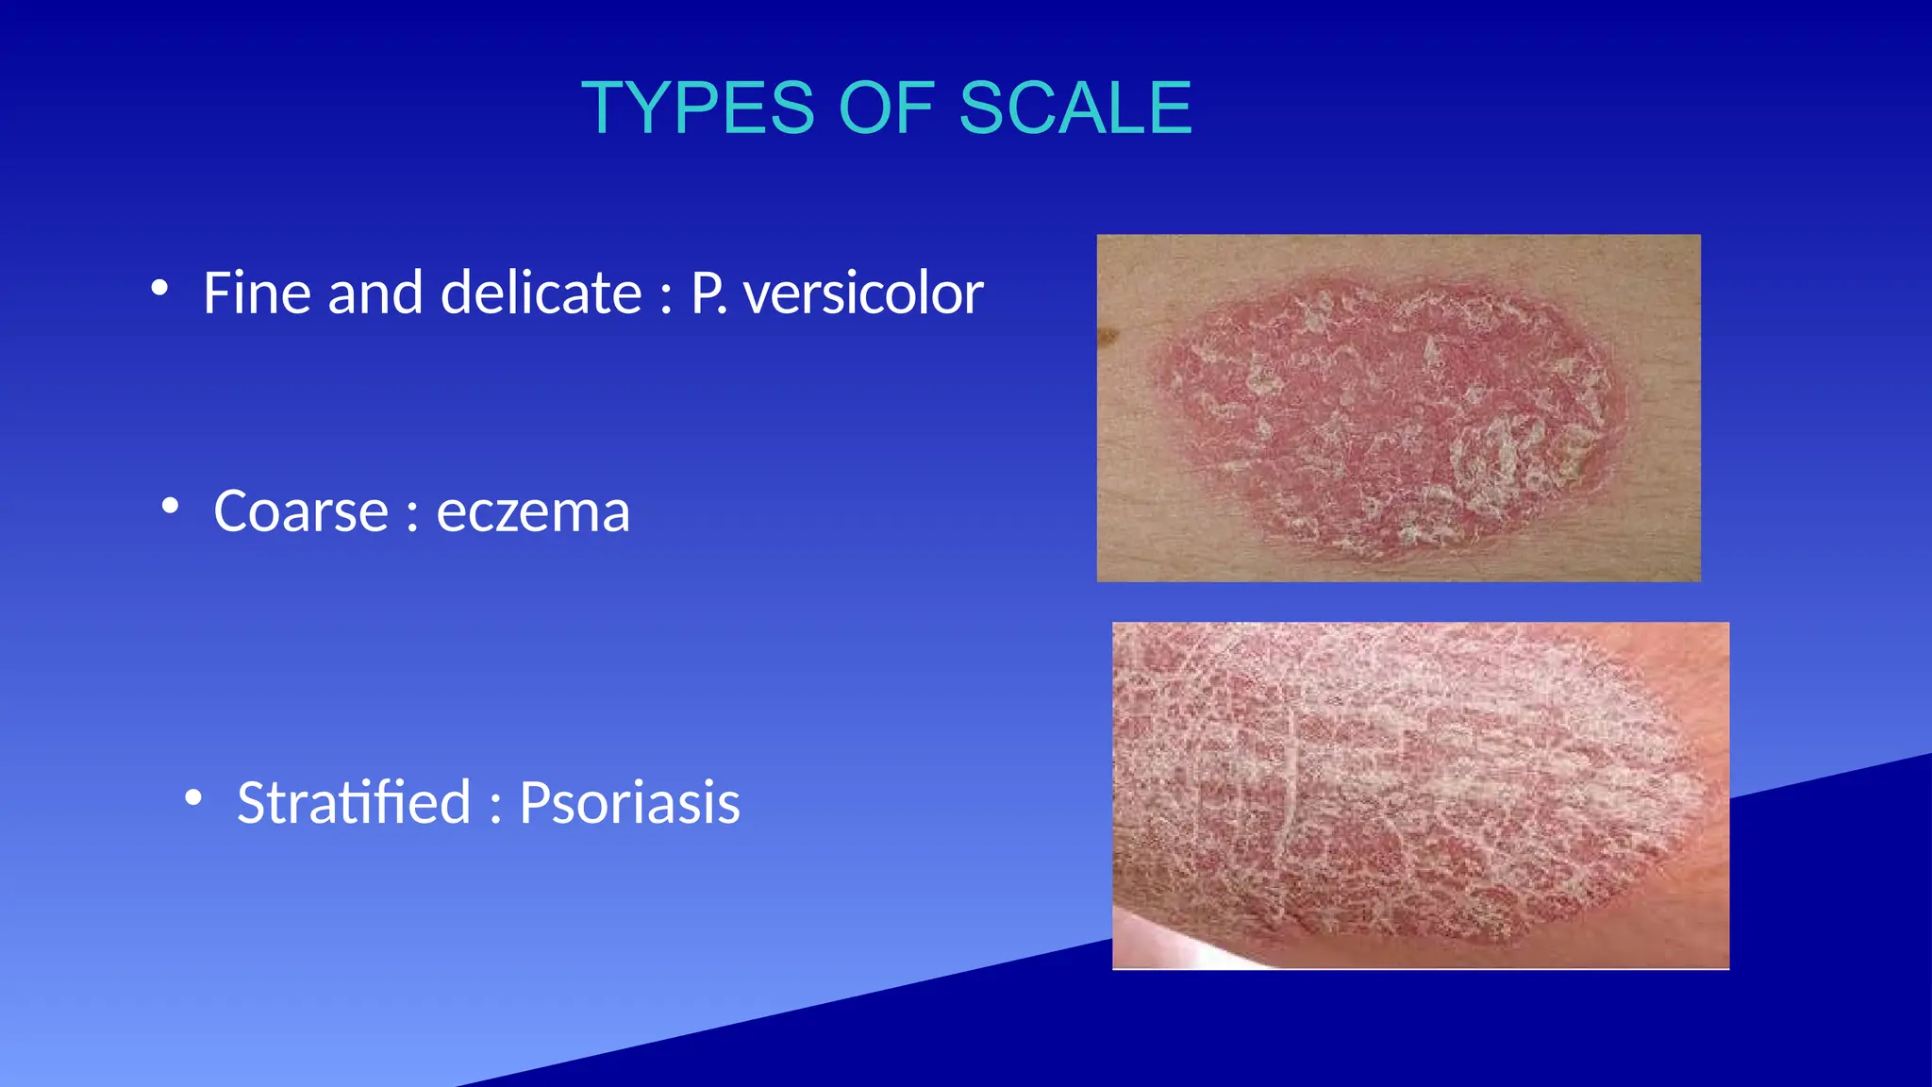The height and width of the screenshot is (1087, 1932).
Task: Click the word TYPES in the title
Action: tap(696, 109)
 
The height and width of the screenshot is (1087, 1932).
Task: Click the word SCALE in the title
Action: tap(1075, 109)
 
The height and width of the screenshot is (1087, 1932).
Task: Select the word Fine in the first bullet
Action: tap(257, 293)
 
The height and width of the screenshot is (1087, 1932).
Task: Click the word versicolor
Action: tap(863, 293)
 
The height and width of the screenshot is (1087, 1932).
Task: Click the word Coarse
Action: tap(300, 512)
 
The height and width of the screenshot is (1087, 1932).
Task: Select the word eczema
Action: tap(532, 512)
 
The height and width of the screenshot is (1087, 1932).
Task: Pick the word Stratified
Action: tap(354, 803)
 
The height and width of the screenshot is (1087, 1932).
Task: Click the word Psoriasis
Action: tap(629, 803)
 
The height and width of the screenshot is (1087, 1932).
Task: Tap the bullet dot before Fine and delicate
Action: tap(159, 287)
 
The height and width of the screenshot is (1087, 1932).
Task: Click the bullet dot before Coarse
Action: tap(170, 506)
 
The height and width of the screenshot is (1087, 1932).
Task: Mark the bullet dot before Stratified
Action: tap(193, 797)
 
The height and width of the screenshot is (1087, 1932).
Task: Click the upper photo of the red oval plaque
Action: tap(1398, 408)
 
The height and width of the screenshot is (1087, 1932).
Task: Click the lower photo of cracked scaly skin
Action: tap(1420, 794)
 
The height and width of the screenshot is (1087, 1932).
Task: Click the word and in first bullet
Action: tap(375, 293)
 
